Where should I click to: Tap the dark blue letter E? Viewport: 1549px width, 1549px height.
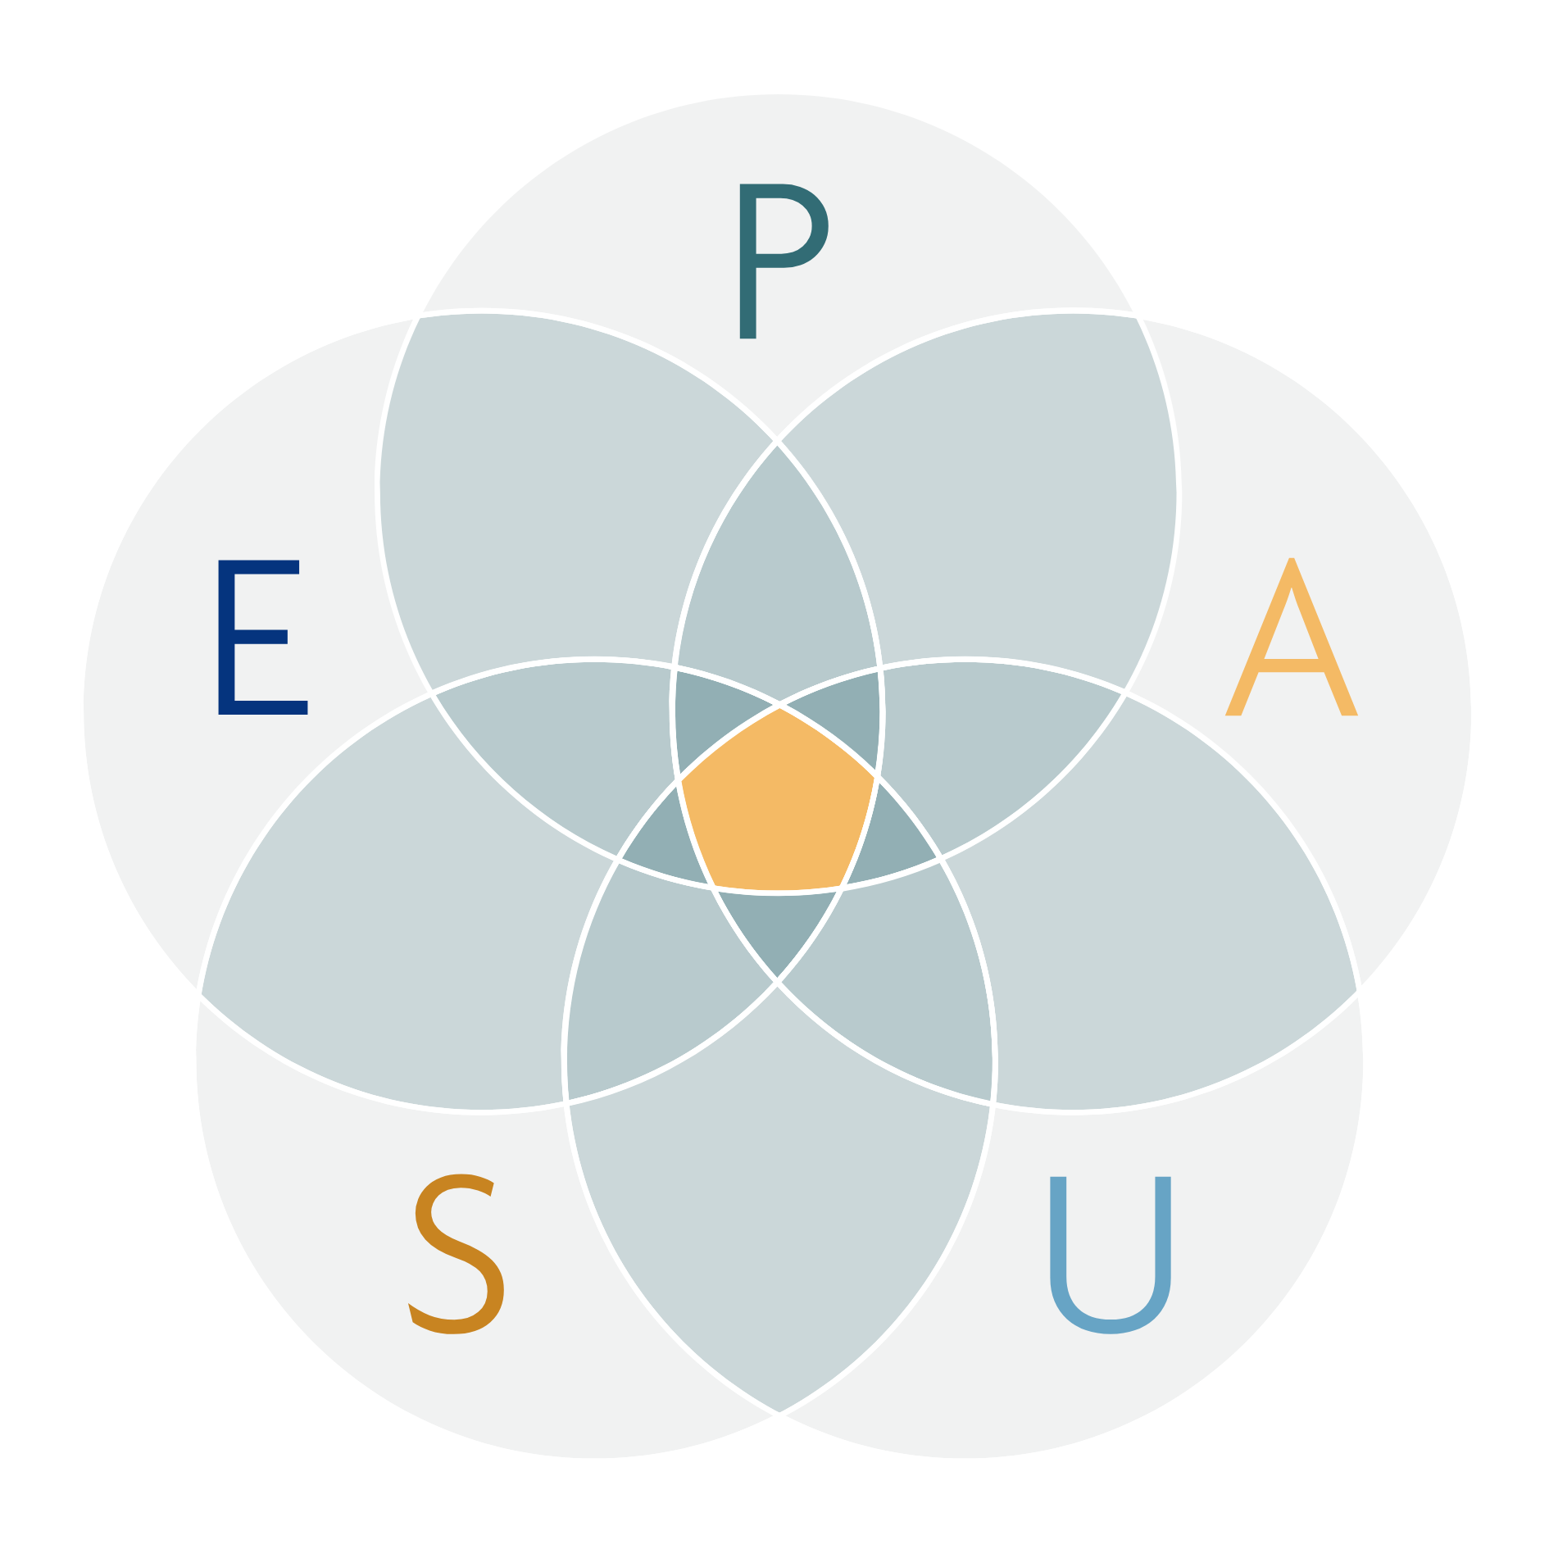point(261,637)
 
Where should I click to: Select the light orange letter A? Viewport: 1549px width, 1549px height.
point(1291,639)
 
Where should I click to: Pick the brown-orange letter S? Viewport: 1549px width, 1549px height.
point(457,1254)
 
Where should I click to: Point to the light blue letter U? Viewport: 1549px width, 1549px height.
point(1111,1254)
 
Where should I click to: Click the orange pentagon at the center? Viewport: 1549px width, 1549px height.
point(777,803)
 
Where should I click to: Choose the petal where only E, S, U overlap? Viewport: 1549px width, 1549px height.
point(647,983)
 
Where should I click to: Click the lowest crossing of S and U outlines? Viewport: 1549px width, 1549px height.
point(779,1412)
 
